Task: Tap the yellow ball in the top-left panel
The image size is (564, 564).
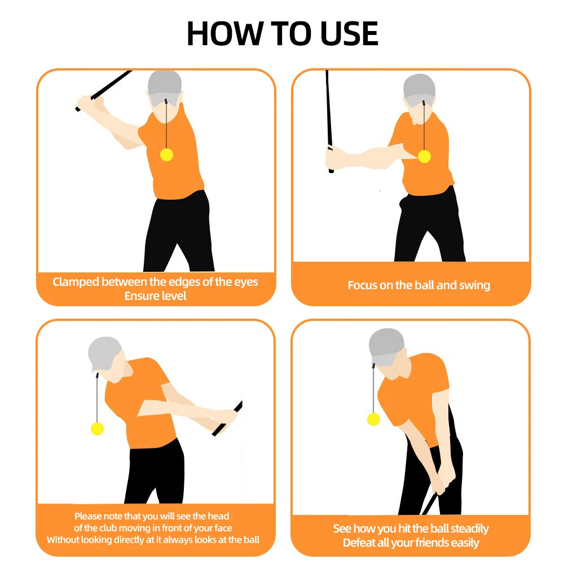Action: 167,155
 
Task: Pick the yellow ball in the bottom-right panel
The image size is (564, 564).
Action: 373,419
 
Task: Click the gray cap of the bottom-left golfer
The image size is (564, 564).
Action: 104,352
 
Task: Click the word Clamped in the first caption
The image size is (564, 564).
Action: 76,281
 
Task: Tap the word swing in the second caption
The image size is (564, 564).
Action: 474,285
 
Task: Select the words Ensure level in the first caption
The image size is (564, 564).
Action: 155,296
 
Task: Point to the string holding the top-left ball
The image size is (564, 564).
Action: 167,127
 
